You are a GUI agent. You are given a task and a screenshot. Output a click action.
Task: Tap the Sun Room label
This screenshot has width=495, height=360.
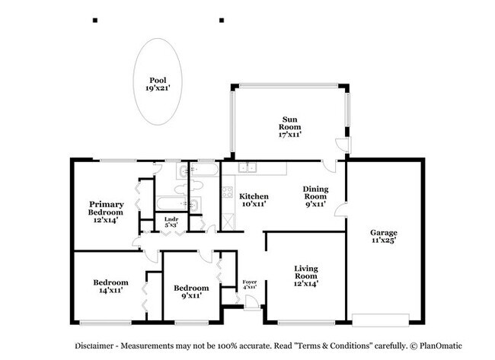pos(290,126)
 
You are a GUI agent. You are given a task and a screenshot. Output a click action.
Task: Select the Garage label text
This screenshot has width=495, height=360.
pos(385,237)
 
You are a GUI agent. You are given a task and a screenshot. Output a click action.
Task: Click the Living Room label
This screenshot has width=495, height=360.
pos(305,274)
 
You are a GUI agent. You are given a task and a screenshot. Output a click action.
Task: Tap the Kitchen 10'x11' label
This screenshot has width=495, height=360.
pos(254,200)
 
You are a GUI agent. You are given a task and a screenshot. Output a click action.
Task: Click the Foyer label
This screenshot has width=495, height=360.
pos(249,284)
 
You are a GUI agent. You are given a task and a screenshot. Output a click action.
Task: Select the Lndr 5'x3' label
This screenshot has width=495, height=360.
pos(172,222)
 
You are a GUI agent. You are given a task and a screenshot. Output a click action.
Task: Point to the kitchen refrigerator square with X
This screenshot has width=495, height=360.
pos(227,222)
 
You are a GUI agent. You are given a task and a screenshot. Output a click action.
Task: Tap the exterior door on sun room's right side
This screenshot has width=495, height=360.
pos(344,145)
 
